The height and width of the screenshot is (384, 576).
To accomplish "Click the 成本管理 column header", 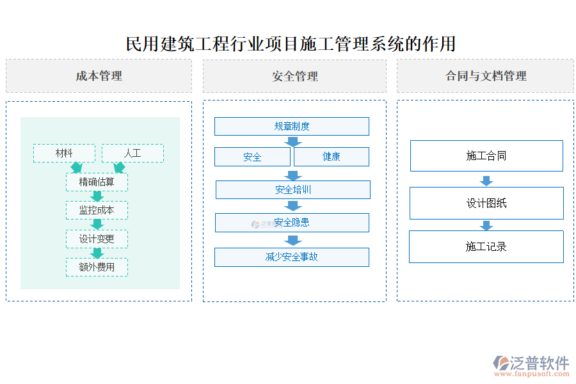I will point(99,76).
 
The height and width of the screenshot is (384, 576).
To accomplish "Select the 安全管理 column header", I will point(294,76).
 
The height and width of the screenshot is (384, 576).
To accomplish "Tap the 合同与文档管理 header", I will point(485,76).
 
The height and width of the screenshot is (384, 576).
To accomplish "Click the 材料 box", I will point(64,154).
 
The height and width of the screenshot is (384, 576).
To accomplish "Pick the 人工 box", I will point(132,154).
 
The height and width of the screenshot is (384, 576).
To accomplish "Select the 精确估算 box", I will point(97,182).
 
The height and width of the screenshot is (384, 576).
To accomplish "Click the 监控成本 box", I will point(97,211).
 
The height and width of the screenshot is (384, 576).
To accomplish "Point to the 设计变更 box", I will point(97,239).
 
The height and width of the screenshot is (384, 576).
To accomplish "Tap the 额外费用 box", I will point(97,268).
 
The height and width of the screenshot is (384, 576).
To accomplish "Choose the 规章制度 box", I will point(292,127).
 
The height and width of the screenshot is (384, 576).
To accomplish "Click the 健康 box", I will point(332,157).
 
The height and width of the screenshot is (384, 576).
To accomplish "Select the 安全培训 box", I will point(293,190).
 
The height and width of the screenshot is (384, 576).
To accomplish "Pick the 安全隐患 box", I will point(292,223).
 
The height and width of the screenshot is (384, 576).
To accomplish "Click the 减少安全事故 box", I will point(292,257).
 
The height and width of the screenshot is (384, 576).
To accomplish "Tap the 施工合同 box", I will point(486,156).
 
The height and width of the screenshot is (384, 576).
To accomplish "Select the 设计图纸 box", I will point(486,204).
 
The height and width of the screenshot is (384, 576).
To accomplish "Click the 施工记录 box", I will point(486,247).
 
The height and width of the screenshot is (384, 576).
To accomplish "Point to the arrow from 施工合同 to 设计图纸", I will point(486,180).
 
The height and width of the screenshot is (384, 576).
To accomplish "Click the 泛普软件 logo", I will point(531,365).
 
